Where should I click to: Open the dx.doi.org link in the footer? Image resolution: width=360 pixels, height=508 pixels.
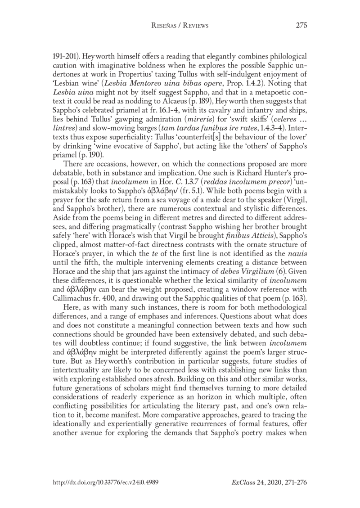(x=105, y=482)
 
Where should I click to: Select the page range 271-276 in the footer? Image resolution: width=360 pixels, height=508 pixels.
(x=294, y=482)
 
